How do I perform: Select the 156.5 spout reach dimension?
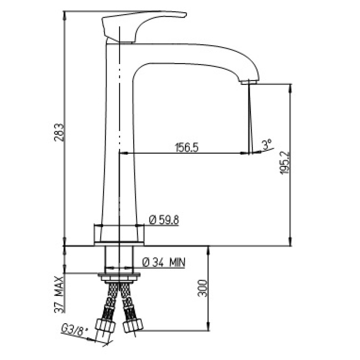click(186, 147)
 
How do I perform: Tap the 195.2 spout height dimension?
click(284, 163)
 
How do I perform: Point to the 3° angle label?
click(267, 144)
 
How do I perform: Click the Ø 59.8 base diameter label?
click(164, 220)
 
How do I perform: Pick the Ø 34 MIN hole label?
click(164, 262)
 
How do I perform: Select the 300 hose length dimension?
click(202, 288)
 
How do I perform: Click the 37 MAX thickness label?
click(59, 294)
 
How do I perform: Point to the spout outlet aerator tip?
click(250, 82)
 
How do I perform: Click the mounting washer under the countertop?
click(119, 275)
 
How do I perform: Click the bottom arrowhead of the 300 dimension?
click(208, 327)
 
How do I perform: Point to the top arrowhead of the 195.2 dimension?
click(291, 88)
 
